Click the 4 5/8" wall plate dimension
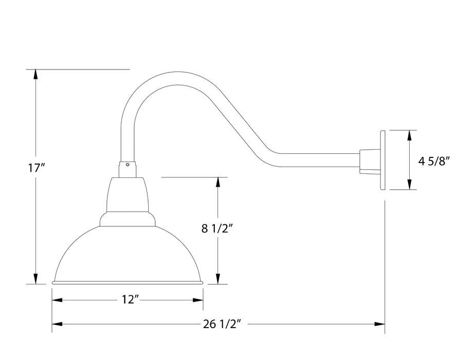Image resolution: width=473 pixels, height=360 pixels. (434, 161)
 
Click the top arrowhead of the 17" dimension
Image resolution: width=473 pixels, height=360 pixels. (35, 74)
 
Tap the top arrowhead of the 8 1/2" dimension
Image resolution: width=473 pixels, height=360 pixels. (219, 183)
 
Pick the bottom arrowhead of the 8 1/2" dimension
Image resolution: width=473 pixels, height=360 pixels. (219, 278)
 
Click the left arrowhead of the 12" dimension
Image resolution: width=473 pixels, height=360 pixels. (57, 300)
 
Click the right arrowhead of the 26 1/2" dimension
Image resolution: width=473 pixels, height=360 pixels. (380, 324)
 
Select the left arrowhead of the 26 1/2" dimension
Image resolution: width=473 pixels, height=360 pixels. (57, 324)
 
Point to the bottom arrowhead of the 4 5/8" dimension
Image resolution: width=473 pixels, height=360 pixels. (409, 184)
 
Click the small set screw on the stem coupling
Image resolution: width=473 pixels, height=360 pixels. (127, 165)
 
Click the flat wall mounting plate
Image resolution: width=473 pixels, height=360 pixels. (383, 160)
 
